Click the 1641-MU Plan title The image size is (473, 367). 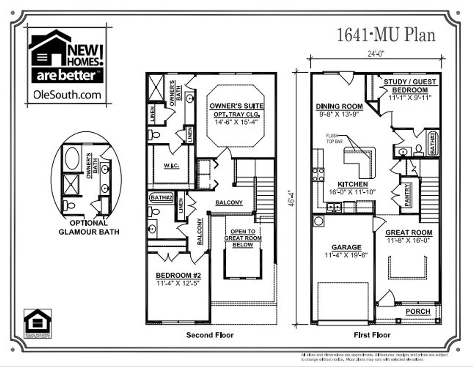(386, 35)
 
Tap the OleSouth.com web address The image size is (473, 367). (67, 95)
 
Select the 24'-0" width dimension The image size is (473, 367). (376, 54)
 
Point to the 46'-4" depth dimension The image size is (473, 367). (292, 198)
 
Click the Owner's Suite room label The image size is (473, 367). (236, 106)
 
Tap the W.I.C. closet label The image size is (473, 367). (171, 166)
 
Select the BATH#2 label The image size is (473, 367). (161, 198)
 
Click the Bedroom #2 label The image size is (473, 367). (178, 275)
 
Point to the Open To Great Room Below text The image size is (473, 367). (243, 238)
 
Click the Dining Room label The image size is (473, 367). (339, 107)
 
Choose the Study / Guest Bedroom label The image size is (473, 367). (410, 86)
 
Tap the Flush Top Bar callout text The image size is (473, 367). (332, 138)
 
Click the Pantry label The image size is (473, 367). (407, 195)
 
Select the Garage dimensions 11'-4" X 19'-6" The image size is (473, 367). (346, 255)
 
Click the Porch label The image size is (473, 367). (418, 311)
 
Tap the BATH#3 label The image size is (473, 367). (432, 143)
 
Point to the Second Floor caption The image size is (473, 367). (210, 335)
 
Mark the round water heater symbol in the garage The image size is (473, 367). (318, 221)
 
